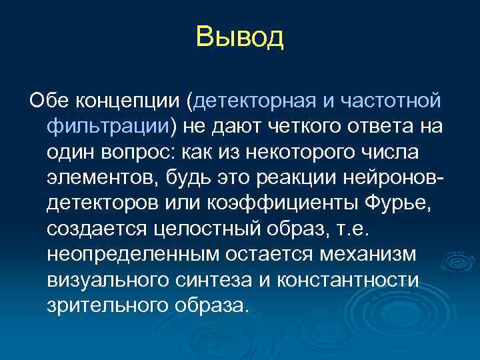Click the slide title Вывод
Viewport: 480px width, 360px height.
coord(240,37)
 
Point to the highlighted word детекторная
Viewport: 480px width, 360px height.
coord(253,101)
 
